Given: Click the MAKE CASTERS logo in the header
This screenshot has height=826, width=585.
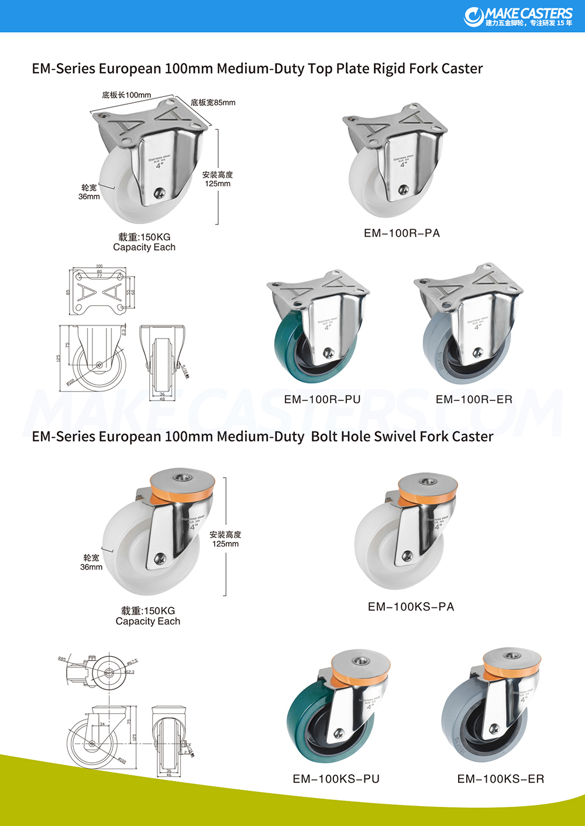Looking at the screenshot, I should pyautogui.click(x=518, y=16).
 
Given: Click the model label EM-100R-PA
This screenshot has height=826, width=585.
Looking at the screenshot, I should pyautogui.click(x=401, y=233).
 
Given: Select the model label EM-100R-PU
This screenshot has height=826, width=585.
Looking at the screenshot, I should pyautogui.click(x=322, y=399).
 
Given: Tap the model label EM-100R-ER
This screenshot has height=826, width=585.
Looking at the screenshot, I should pyautogui.click(x=474, y=399).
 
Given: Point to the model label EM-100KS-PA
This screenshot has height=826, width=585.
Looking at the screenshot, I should pyautogui.click(x=411, y=607).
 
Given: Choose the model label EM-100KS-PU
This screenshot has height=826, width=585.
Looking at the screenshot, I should pyautogui.click(x=336, y=779).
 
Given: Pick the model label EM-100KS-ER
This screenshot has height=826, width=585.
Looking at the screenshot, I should pyautogui.click(x=501, y=779).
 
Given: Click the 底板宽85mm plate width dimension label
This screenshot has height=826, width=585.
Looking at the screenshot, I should pyautogui.click(x=213, y=103).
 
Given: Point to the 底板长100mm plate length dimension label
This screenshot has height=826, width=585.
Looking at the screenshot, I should pyautogui.click(x=126, y=95).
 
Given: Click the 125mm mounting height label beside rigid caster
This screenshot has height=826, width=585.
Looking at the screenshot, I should pyautogui.click(x=218, y=184).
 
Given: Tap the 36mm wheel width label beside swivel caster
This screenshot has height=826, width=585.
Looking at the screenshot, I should pyautogui.click(x=91, y=567).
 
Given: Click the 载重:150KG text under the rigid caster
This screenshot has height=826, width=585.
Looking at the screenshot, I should pyautogui.click(x=144, y=237).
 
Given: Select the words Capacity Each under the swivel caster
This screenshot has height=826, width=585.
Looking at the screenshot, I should pyautogui.click(x=148, y=621).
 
